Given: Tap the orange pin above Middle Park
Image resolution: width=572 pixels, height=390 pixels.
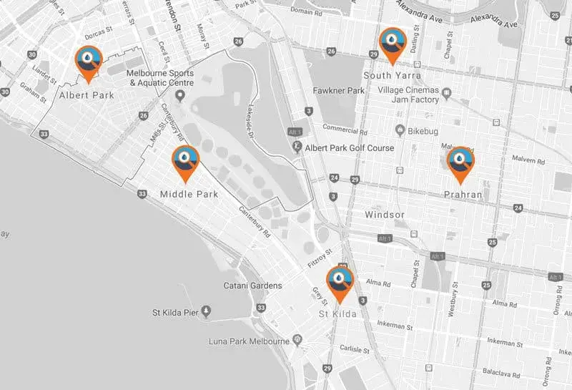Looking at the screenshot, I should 186,161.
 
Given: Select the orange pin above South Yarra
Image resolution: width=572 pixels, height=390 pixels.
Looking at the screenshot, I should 393,44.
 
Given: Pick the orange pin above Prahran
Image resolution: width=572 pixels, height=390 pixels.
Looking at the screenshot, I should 460,162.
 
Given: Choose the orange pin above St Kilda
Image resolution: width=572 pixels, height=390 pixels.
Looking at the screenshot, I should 340,283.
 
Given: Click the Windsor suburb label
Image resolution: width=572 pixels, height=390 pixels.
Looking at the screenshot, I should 385,215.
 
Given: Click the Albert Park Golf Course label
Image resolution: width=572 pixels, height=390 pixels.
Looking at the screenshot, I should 350,147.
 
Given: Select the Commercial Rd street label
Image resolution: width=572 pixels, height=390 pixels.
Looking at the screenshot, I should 344,130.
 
